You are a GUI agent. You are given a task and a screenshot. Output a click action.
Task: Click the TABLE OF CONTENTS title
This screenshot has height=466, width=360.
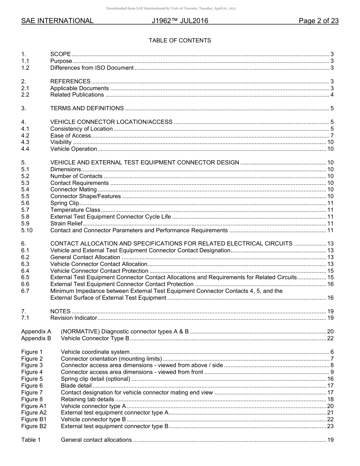[x=180, y=41]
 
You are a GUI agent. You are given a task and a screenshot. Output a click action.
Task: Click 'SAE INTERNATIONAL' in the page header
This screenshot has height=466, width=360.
[x=57, y=21]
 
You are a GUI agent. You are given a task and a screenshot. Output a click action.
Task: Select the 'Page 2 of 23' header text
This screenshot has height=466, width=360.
[x=318, y=21]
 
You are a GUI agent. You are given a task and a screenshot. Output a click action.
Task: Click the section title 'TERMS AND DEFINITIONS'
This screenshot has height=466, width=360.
[x=87, y=108]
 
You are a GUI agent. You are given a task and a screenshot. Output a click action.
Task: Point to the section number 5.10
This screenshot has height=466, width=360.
[x=27, y=230]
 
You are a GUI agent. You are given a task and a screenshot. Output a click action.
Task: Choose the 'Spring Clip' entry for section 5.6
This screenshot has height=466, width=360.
[x=64, y=203]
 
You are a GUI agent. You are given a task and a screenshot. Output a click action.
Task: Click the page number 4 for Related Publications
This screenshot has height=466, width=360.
[x=332, y=95]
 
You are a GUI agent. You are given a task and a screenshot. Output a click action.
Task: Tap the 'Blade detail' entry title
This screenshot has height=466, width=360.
[x=76, y=386]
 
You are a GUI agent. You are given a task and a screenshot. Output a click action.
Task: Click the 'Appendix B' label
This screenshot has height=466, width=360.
[x=36, y=338]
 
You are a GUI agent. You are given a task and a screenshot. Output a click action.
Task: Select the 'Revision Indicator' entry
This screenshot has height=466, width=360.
[x=74, y=318]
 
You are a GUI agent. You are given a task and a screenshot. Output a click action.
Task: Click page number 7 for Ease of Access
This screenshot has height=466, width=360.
[x=332, y=136]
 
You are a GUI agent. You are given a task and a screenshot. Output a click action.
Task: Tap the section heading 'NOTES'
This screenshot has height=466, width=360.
[x=60, y=311]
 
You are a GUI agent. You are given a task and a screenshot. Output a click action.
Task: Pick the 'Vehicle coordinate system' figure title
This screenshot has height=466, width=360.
[x=95, y=352]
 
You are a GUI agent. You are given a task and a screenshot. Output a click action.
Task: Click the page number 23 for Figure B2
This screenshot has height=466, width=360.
[x=330, y=426]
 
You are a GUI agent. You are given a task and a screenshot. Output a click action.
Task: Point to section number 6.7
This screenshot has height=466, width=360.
[x=25, y=291]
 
